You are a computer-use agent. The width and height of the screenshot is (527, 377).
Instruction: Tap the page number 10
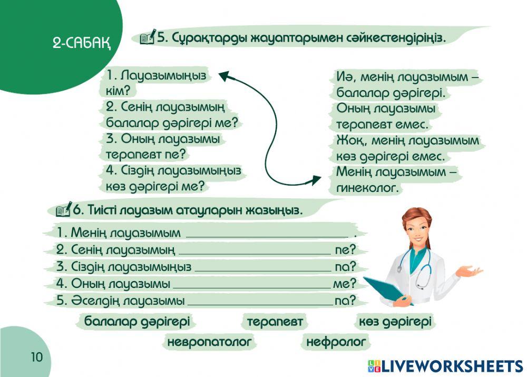[x=36, y=357]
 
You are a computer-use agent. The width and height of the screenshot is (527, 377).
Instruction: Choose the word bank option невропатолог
[x=209, y=342]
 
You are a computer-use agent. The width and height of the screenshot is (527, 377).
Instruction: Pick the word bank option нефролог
[x=336, y=342]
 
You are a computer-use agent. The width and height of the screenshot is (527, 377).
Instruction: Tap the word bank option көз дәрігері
[x=395, y=321]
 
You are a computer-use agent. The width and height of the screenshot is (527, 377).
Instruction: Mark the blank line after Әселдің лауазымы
[x=260, y=302]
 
